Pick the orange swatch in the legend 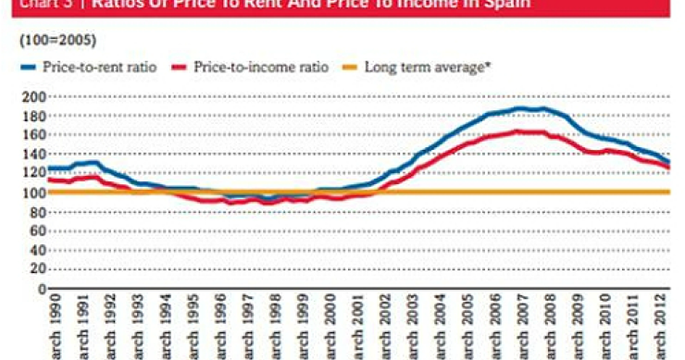tap(351, 67)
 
